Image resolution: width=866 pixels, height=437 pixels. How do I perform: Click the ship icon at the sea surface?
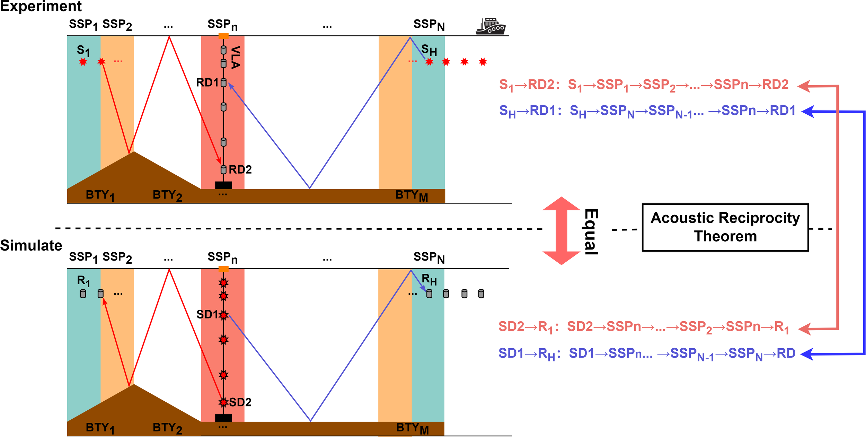click(x=491, y=27)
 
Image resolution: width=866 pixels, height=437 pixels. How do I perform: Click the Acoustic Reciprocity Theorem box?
click(x=725, y=227)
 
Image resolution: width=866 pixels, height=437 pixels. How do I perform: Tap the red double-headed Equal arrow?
click(x=561, y=231)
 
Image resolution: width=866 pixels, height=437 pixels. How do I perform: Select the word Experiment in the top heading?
click(x=41, y=6)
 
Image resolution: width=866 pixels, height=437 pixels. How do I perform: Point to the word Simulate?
click(x=31, y=245)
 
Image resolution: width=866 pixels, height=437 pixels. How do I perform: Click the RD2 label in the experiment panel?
click(x=240, y=169)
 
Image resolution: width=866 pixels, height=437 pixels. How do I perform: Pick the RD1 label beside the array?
click(x=207, y=82)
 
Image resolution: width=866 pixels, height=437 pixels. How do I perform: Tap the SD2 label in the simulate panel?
click(x=240, y=402)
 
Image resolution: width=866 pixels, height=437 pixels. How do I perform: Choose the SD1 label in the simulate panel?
click(x=207, y=314)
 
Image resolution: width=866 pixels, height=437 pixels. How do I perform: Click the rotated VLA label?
click(x=235, y=57)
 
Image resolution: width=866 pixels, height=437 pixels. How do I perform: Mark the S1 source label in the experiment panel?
click(x=83, y=51)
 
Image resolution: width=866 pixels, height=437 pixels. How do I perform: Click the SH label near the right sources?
click(x=429, y=51)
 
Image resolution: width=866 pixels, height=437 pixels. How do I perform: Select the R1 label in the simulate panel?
click(x=83, y=281)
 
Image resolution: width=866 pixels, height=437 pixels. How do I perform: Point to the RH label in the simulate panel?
click(x=429, y=279)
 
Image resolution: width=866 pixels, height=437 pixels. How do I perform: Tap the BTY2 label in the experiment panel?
click(x=167, y=195)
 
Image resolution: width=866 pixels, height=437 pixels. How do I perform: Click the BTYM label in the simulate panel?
click(x=412, y=428)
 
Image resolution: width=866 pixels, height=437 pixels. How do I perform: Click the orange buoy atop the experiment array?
click(x=223, y=36)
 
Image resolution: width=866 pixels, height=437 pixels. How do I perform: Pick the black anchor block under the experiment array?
click(x=223, y=185)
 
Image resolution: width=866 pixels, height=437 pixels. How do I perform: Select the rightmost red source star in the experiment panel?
click(x=483, y=62)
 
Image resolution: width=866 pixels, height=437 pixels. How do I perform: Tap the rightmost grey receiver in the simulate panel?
click(x=481, y=294)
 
